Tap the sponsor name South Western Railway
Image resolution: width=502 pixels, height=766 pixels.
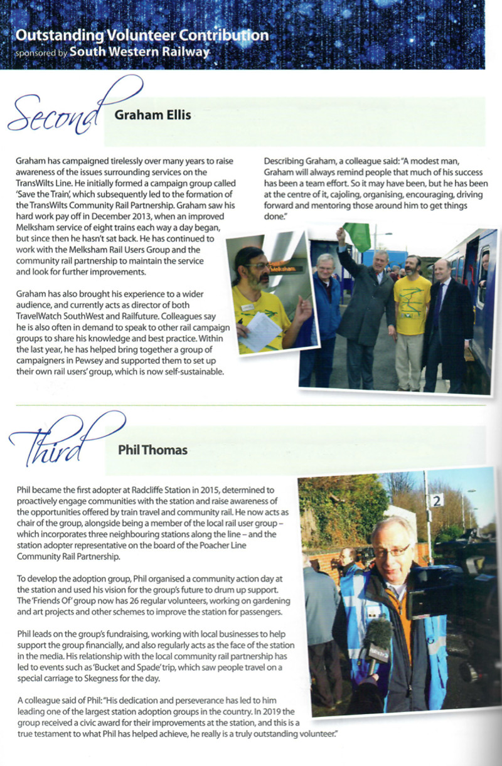139,52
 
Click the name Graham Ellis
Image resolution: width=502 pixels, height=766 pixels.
153,115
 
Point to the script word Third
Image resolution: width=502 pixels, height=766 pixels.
53,449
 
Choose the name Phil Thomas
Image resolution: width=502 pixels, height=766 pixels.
152,450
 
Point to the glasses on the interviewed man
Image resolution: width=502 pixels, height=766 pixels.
392,550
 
